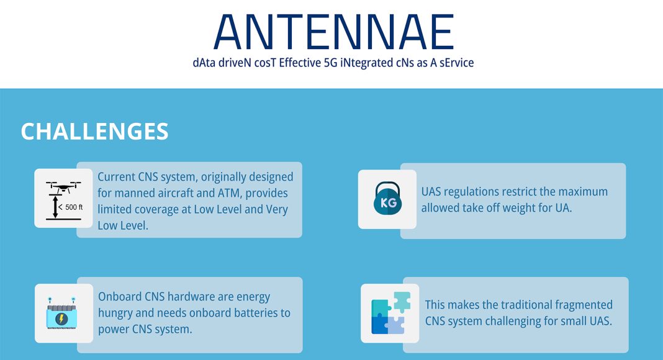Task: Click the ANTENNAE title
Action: (333, 32)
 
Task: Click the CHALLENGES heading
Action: (95, 132)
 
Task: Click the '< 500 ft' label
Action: (71, 207)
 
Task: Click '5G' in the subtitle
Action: (330, 63)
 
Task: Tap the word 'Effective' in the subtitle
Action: (300, 63)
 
